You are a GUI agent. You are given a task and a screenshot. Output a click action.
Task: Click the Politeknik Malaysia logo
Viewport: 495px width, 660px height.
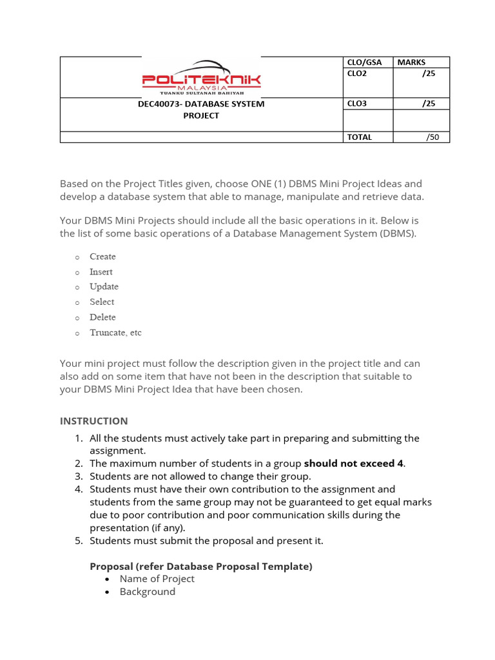point(201,77)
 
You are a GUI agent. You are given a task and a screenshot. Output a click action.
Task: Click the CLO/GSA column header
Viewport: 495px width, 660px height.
point(364,63)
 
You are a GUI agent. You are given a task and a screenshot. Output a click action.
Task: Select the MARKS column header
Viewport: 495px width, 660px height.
point(411,63)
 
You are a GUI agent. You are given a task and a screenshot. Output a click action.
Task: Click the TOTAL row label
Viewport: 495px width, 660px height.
point(360,137)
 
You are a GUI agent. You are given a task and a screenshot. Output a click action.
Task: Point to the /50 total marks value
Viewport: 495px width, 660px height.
point(432,137)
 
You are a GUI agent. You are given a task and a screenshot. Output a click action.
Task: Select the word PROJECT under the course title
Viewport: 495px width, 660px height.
point(200,116)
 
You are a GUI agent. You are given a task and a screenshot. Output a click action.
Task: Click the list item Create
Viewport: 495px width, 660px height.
point(102,257)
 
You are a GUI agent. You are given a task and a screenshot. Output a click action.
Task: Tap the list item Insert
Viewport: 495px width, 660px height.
point(101,272)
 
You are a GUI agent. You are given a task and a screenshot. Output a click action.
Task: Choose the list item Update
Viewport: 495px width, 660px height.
point(104,287)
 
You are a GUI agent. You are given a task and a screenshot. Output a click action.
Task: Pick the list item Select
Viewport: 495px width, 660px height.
point(102,302)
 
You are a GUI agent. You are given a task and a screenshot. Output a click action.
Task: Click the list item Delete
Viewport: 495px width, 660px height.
point(102,318)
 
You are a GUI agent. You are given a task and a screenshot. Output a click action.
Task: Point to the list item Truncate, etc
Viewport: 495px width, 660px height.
point(115,333)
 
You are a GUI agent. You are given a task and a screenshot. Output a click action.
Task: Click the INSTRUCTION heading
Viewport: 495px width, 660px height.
point(94,422)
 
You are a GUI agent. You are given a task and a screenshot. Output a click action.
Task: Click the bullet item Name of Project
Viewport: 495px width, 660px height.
point(157,579)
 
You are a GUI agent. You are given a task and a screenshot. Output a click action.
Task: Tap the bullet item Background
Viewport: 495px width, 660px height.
point(147,592)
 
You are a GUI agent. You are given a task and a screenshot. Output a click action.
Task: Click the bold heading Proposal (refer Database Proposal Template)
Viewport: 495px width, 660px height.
point(200,567)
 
